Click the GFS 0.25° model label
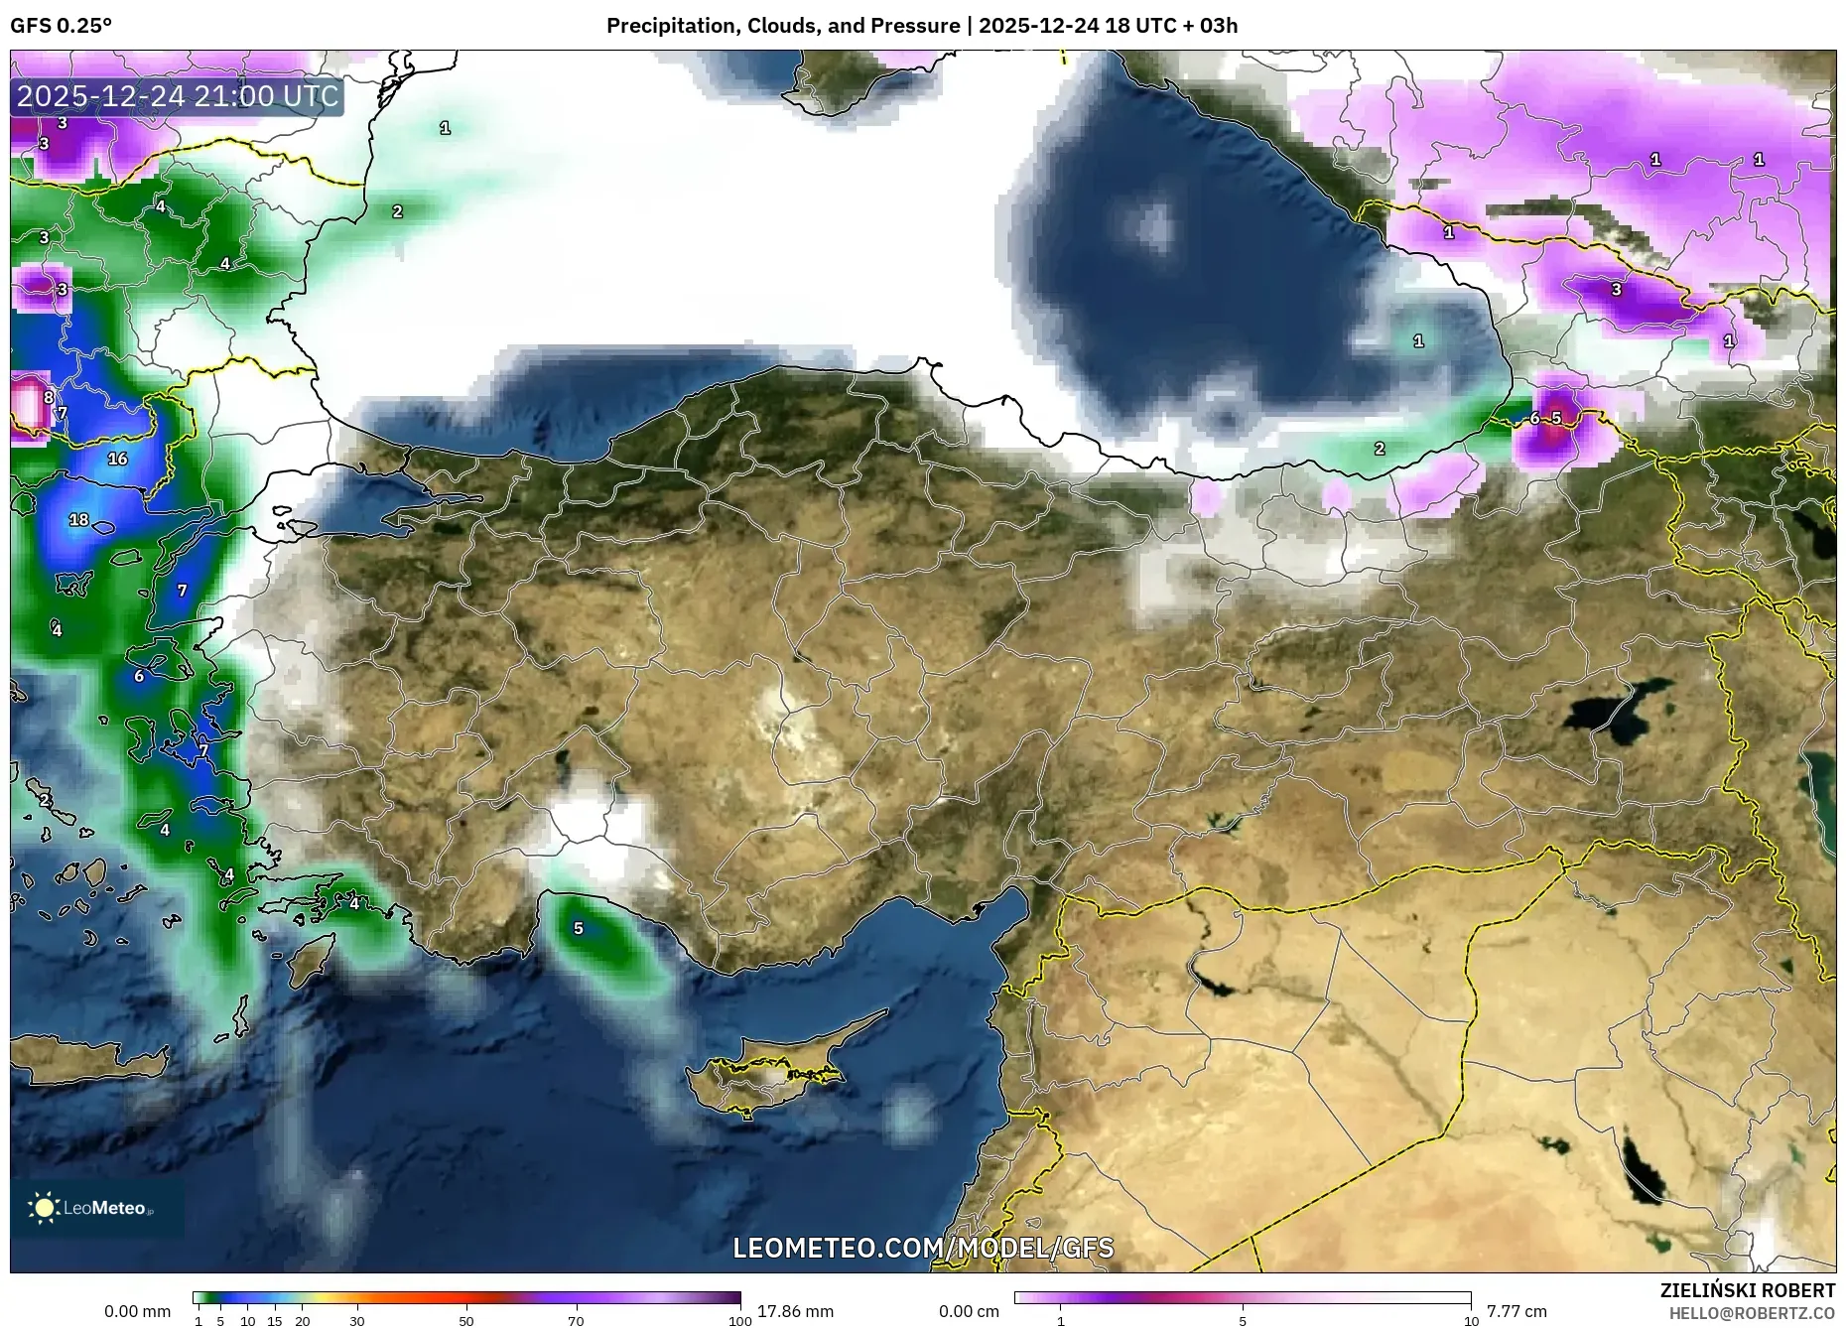(x=61, y=26)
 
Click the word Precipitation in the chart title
(x=664, y=26)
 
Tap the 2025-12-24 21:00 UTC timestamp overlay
(x=178, y=96)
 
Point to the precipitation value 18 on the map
(x=78, y=519)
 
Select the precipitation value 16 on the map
(x=117, y=459)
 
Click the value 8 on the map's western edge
(x=49, y=398)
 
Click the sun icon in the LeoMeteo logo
(x=44, y=1207)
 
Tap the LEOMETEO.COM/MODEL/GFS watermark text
(x=923, y=1248)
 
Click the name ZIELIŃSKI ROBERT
(x=1747, y=1290)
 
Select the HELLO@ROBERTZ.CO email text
(x=1751, y=1313)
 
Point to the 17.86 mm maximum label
(x=795, y=1311)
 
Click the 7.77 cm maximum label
(x=1516, y=1311)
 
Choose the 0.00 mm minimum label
(x=137, y=1311)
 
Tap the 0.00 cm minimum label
(x=968, y=1311)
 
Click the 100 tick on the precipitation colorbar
(x=739, y=1321)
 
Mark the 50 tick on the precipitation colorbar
(x=466, y=1321)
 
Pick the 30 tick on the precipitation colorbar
(x=357, y=1321)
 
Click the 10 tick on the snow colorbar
(x=1471, y=1321)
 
